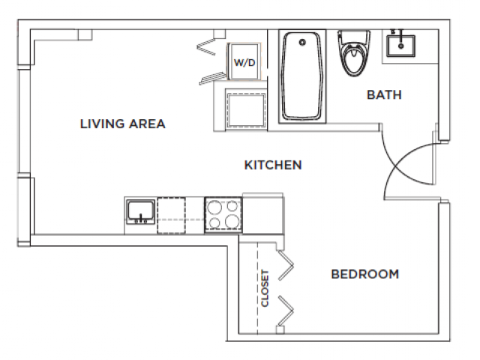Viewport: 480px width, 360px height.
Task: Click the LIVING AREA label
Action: tap(122, 124)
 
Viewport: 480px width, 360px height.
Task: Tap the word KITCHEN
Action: tap(273, 164)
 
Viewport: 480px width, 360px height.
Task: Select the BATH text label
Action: tap(383, 95)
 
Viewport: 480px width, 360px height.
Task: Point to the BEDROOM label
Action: tap(364, 274)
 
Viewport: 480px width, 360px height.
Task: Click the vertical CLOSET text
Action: tap(265, 289)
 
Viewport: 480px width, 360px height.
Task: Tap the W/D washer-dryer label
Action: tap(244, 63)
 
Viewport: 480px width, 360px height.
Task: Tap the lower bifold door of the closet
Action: tap(286, 310)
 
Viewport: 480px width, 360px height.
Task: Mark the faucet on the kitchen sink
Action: tap(140, 219)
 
